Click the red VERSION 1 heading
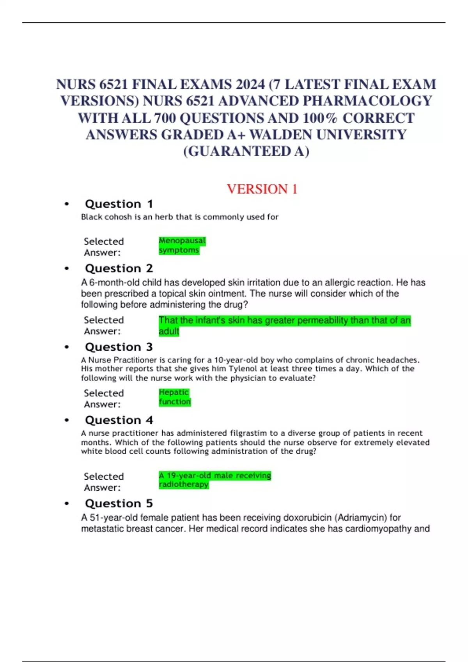click(x=262, y=189)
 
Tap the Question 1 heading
click(x=119, y=204)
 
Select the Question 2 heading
click(x=119, y=269)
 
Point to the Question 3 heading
click(x=119, y=347)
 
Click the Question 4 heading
click(x=119, y=420)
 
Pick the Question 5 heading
click(x=119, y=504)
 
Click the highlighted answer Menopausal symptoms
click(x=182, y=245)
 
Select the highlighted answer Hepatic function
click(x=174, y=397)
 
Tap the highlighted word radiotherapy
click(x=184, y=484)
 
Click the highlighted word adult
click(x=169, y=331)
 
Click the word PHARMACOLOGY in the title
click(x=367, y=101)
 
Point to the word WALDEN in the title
click(x=281, y=135)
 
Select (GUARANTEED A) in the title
click(x=246, y=151)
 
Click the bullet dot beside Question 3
click(x=67, y=347)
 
